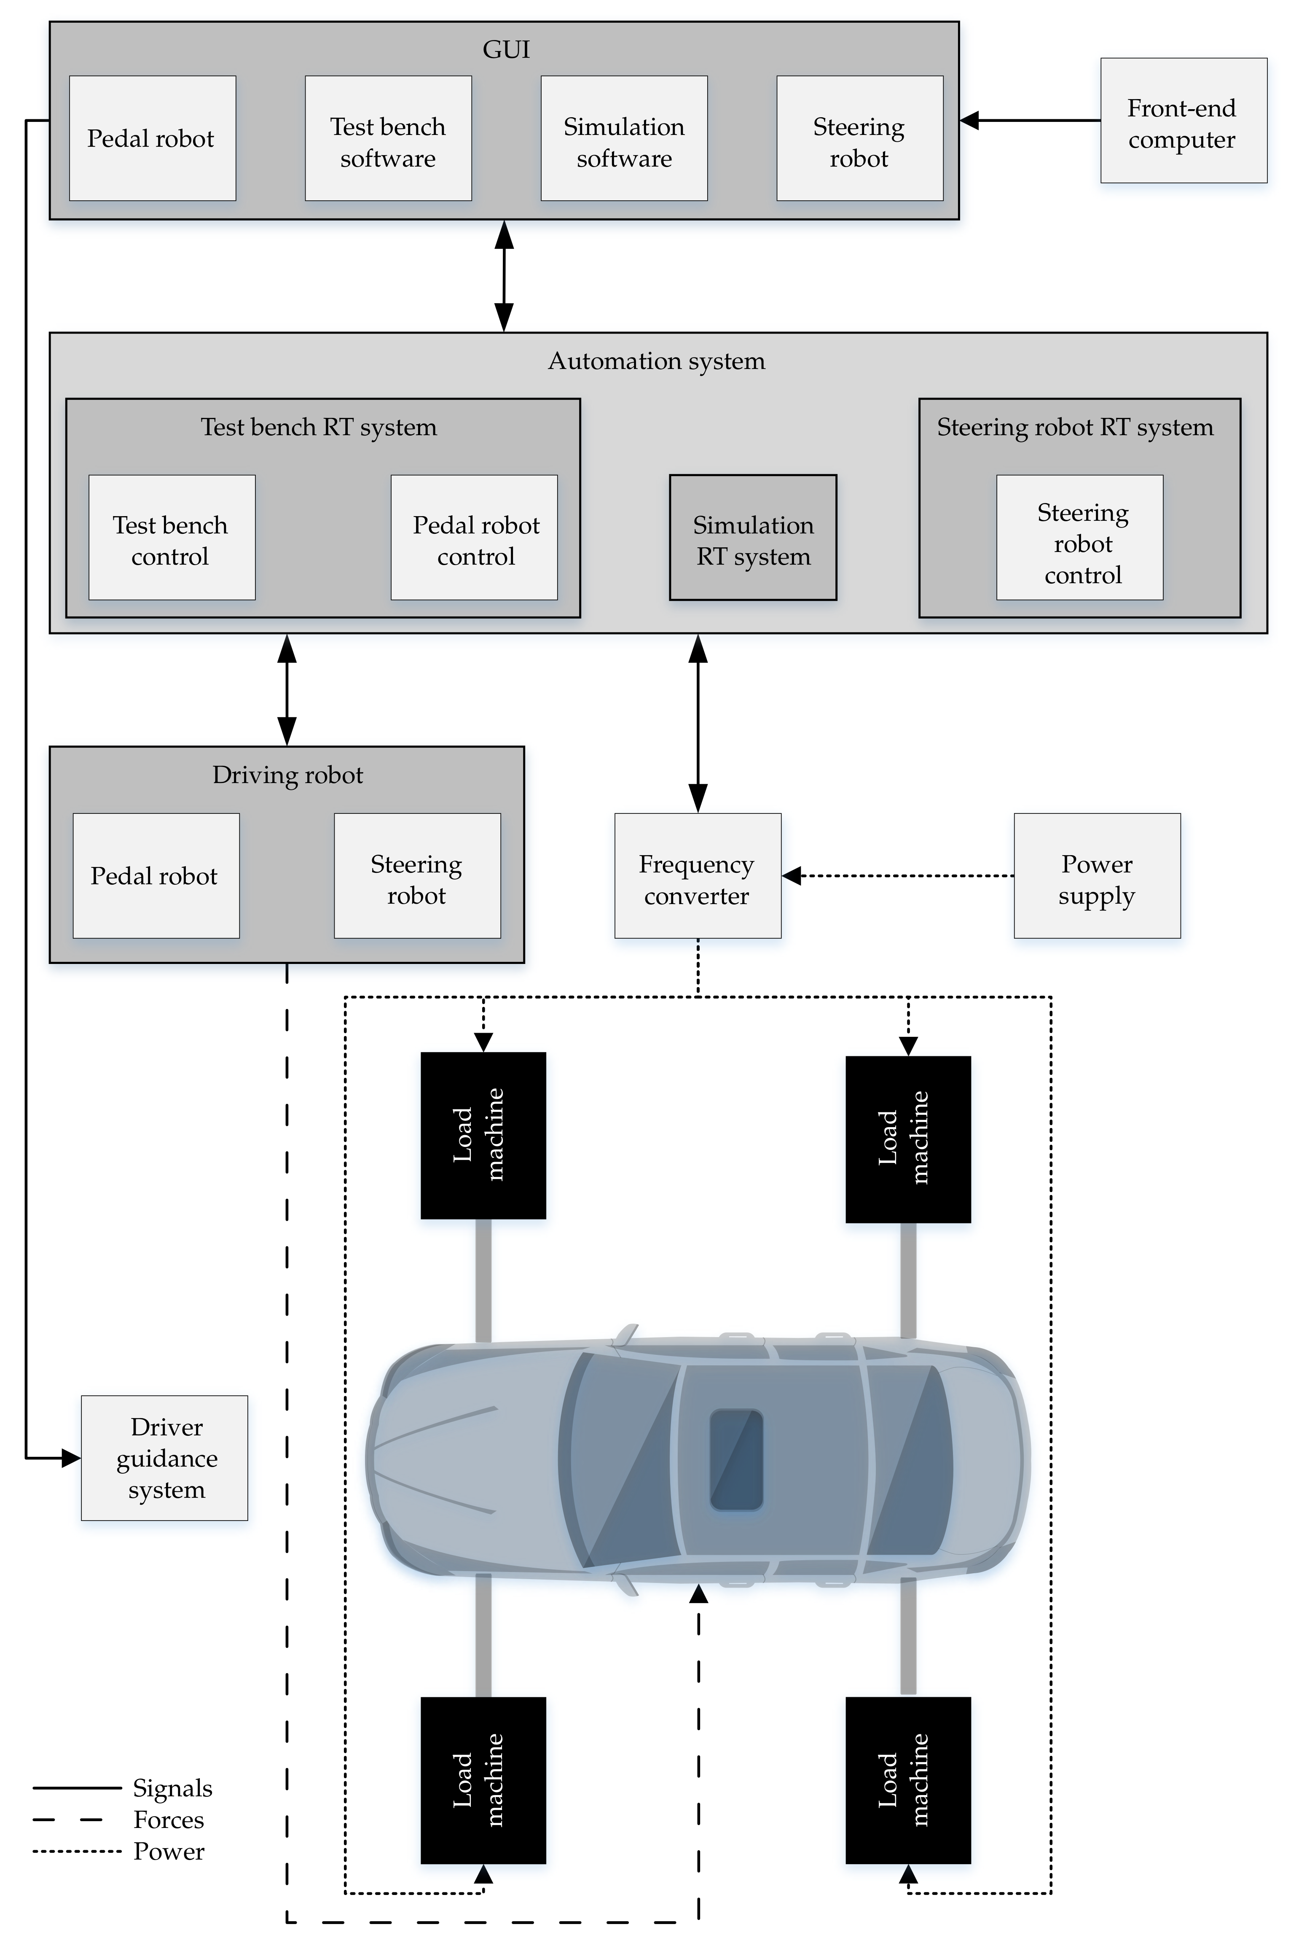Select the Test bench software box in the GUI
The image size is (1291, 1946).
click(388, 138)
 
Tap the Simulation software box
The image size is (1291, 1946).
click(623, 138)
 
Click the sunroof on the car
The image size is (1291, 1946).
click(736, 1459)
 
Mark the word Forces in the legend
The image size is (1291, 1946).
click(169, 1820)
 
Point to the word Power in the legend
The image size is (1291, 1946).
click(169, 1851)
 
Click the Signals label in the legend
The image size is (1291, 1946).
click(172, 1788)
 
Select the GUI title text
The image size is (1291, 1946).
click(505, 50)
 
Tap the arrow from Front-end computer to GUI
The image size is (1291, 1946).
click(1029, 120)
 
